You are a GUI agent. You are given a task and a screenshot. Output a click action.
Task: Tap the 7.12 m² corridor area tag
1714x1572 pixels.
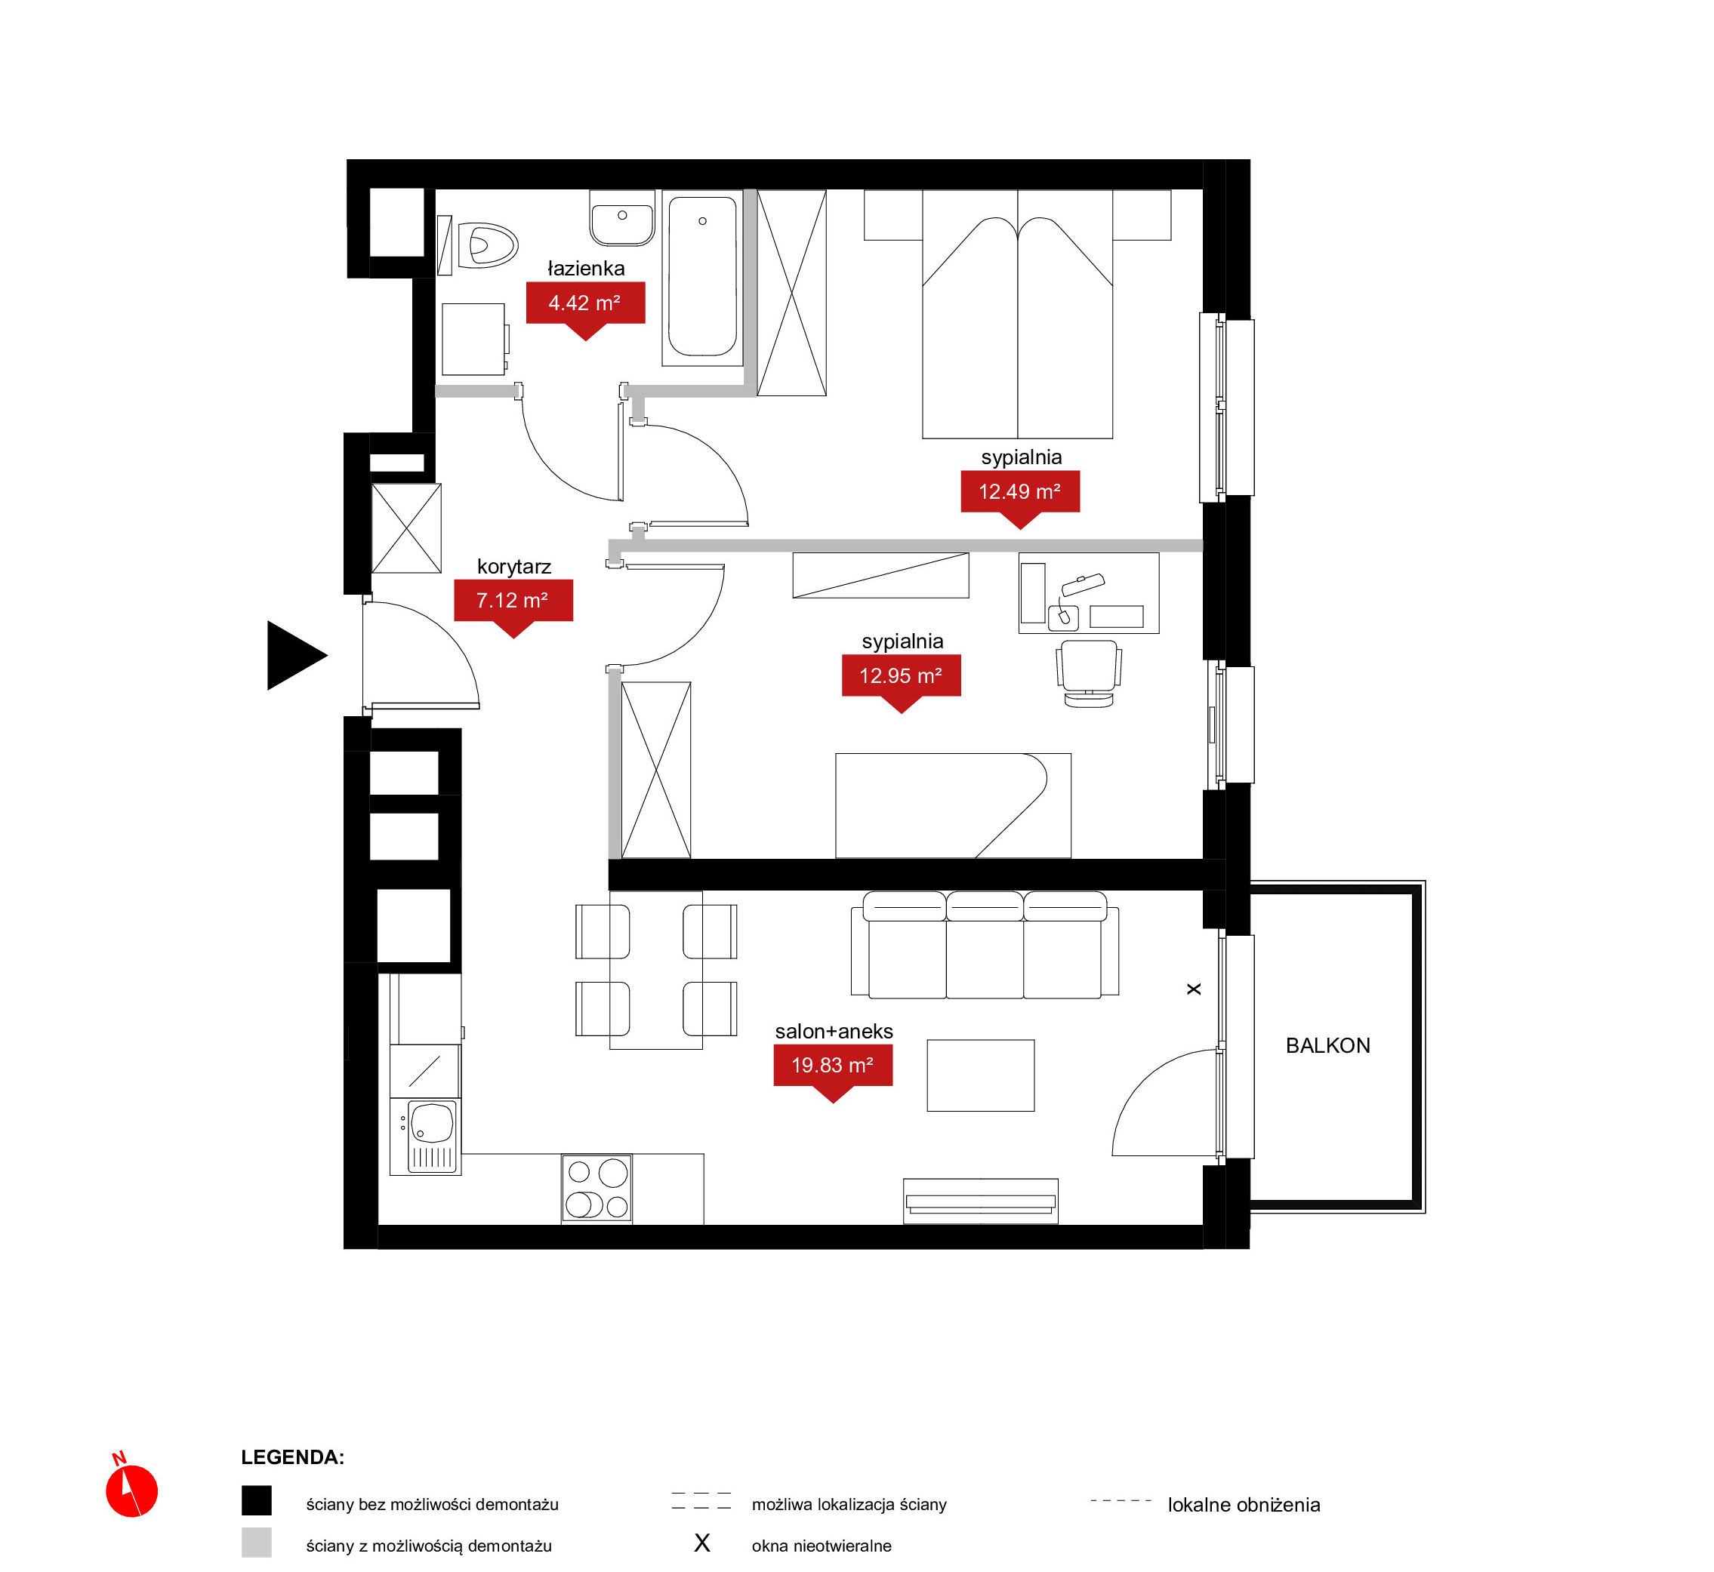click(513, 601)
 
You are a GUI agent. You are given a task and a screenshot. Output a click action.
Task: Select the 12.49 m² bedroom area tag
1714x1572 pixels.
click(1019, 493)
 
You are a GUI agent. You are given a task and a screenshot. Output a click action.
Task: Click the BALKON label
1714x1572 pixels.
click(1327, 1046)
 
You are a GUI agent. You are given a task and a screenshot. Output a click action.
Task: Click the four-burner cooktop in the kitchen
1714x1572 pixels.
click(597, 1189)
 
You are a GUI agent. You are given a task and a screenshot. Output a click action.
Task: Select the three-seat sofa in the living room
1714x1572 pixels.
click(985, 945)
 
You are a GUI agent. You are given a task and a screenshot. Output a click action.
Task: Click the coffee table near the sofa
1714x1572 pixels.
click(980, 1075)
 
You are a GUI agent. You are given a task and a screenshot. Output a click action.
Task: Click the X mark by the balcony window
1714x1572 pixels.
click(1194, 989)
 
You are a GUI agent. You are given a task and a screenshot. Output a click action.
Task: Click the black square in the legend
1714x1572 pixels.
click(256, 1500)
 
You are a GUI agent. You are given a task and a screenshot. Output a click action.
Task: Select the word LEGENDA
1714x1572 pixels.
click(293, 1457)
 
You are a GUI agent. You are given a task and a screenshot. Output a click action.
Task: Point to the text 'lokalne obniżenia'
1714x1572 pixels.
click(1244, 1505)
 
